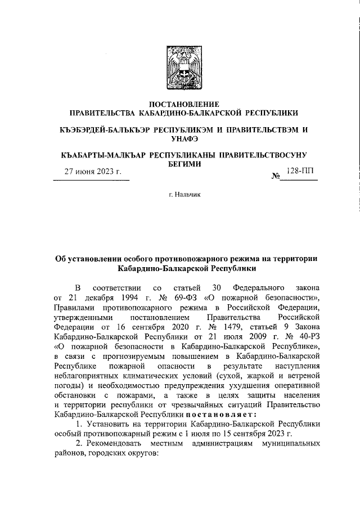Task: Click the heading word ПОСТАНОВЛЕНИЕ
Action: coord(180,103)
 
